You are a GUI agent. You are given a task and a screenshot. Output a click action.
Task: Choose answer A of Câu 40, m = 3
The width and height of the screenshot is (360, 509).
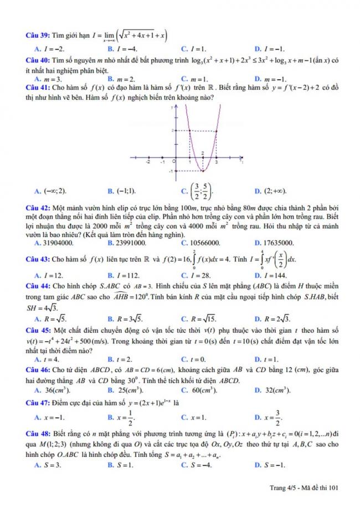(x=47, y=79)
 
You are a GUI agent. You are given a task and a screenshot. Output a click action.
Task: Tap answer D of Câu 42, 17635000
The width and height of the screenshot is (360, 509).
(x=274, y=243)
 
